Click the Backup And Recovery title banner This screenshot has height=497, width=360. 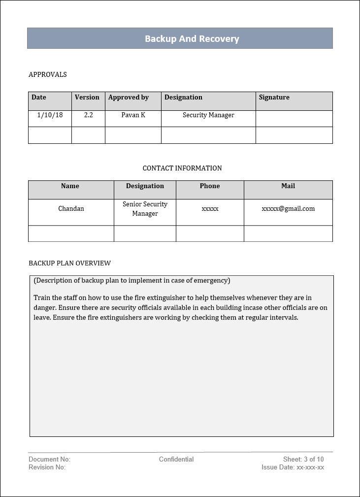coord(192,39)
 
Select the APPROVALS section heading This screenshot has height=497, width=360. coord(48,75)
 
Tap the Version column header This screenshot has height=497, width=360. coord(87,98)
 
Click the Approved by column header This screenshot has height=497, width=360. coord(129,98)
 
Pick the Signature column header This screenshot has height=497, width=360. coord(274,98)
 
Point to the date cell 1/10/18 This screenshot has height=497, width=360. coord(50,115)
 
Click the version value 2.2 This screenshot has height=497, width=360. coord(89,115)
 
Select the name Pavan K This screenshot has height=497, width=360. coord(133,115)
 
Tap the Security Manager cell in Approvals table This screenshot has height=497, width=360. coord(208,115)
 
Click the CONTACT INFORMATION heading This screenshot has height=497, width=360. coord(182,168)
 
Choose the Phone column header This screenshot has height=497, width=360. coord(210,186)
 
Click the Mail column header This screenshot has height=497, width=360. coord(288,186)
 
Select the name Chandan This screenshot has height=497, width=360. coord(71,209)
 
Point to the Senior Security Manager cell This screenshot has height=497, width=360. coord(145,209)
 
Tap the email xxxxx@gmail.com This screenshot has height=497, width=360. coord(288,209)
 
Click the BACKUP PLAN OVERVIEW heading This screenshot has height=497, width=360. coord(70,264)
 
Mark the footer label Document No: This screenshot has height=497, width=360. coord(49,460)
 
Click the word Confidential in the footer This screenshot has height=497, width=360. coord(176,460)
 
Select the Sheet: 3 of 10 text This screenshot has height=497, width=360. coord(303,460)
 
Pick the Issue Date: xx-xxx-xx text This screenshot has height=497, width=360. coord(293,467)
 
